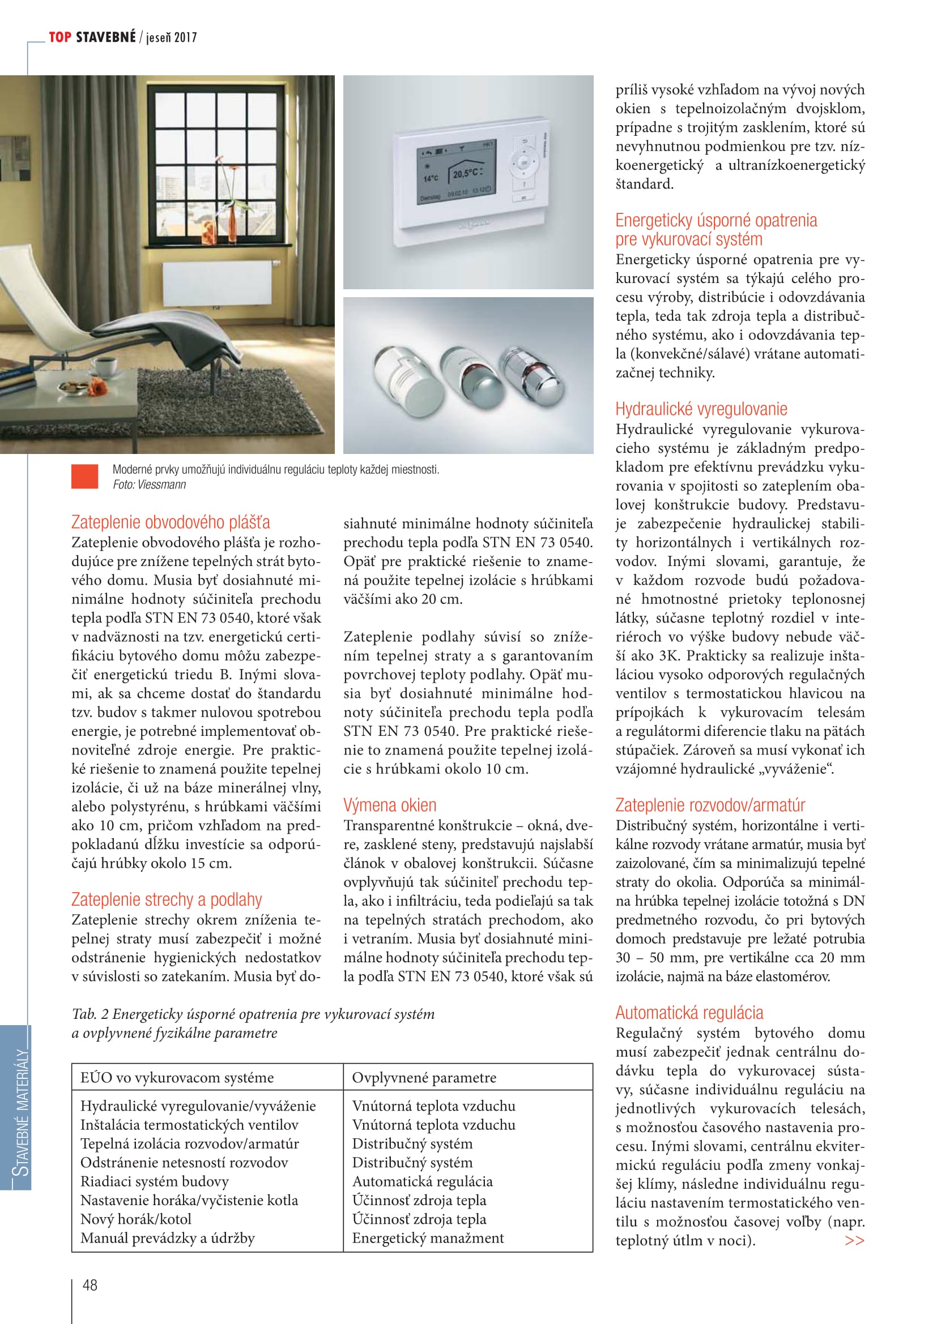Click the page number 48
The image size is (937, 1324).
click(x=90, y=1284)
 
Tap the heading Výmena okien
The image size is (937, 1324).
click(x=389, y=805)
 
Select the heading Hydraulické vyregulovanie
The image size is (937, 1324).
click(x=700, y=409)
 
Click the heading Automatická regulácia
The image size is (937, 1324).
click(x=689, y=1013)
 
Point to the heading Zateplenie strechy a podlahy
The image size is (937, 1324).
click(x=166, y=899)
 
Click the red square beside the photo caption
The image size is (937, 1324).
click(x=84, y=476)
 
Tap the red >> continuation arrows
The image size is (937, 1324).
click(x=854, y=1240)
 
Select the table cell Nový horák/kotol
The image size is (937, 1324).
click(x=135, y=1219)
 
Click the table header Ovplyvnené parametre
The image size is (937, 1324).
click(x=424, y=1077)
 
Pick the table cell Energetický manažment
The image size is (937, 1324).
click(x=428, y=1237)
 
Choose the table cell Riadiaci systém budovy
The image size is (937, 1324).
click(x=154, y=1181)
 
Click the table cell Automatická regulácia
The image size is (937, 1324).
click(x=423, y=1181)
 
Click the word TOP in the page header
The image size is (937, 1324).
click(x=60, y=37)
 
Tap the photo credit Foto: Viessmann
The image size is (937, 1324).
click(x=149, y=485)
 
